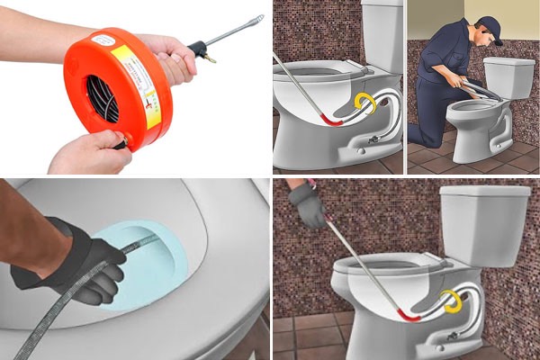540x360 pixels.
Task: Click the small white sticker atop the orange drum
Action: coord(105,40)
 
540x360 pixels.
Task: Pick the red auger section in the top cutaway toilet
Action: coord(334,120)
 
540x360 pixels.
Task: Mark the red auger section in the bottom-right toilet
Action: coord(410,315)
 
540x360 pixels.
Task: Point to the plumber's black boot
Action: coord(418,141)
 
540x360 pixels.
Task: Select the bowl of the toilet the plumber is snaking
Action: coord(472,117)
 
